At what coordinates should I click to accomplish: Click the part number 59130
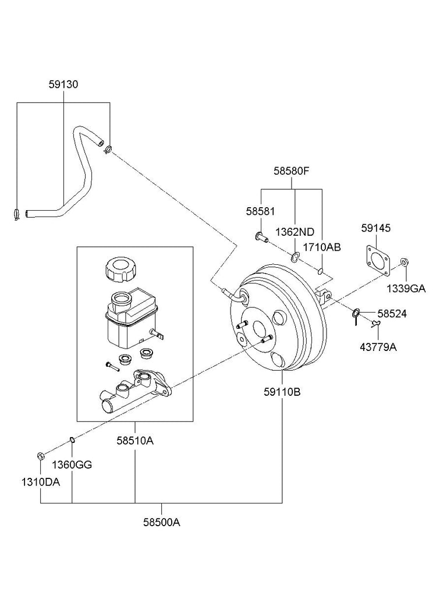pyautogui.click(x=63, y=85)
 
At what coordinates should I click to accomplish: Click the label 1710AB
pyautogui.click(x=321, y=247)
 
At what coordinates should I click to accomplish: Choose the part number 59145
pyautogui.click(x=375, y=229)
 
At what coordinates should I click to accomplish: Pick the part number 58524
pyautogui.click(x=391, y=314)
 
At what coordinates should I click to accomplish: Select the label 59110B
pyautogui.click(x=282, y=392)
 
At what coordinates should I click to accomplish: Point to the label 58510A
pyautogui.click(x=135, y=441)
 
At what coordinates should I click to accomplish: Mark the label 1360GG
pyautogui.click(x=72, y=464)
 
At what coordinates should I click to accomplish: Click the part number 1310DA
pyautogui.click(x=41, y=483)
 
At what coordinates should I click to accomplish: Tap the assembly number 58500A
pyautogui.click(x=162, y=522)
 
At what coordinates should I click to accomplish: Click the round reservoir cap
pyautogui.click(x=120, y=269)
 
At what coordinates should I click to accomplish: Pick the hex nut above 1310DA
pyautogui.click(x=41, y=455)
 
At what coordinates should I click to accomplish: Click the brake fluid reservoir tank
pyautogui.click(x=130, y=317)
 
